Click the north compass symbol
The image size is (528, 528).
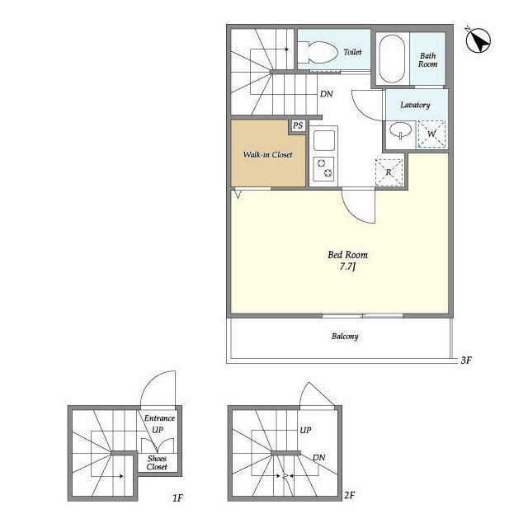(x=478, y=40)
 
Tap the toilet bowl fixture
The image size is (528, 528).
(x=318, y=52)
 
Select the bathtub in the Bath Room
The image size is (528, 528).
(x=392, y=59)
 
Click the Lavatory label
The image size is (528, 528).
(x=415, y=105)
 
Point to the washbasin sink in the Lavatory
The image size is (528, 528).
(x=400, y=130)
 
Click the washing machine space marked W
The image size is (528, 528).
(x=431, y=134)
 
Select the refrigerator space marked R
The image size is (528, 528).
(x=389, y=172)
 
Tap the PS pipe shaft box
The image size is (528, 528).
(x=298, y=126)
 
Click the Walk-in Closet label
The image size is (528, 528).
(x=267, y=154)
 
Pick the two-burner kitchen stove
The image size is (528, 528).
(x=324, y=168)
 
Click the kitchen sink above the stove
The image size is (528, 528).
(x=324, y=140)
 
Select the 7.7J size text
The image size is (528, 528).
(x=348, y=266)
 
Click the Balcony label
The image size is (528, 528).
(x=345, y=337)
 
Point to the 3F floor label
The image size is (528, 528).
(x=466, y=361)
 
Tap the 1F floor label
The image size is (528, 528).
(x=177, y=497)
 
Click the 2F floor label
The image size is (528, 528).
(x=350, y=495)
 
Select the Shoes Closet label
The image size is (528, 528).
(x=157, y=463)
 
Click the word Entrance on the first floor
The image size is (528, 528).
(x=159, y=418)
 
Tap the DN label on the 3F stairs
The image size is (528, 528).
(x=327, y=94)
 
